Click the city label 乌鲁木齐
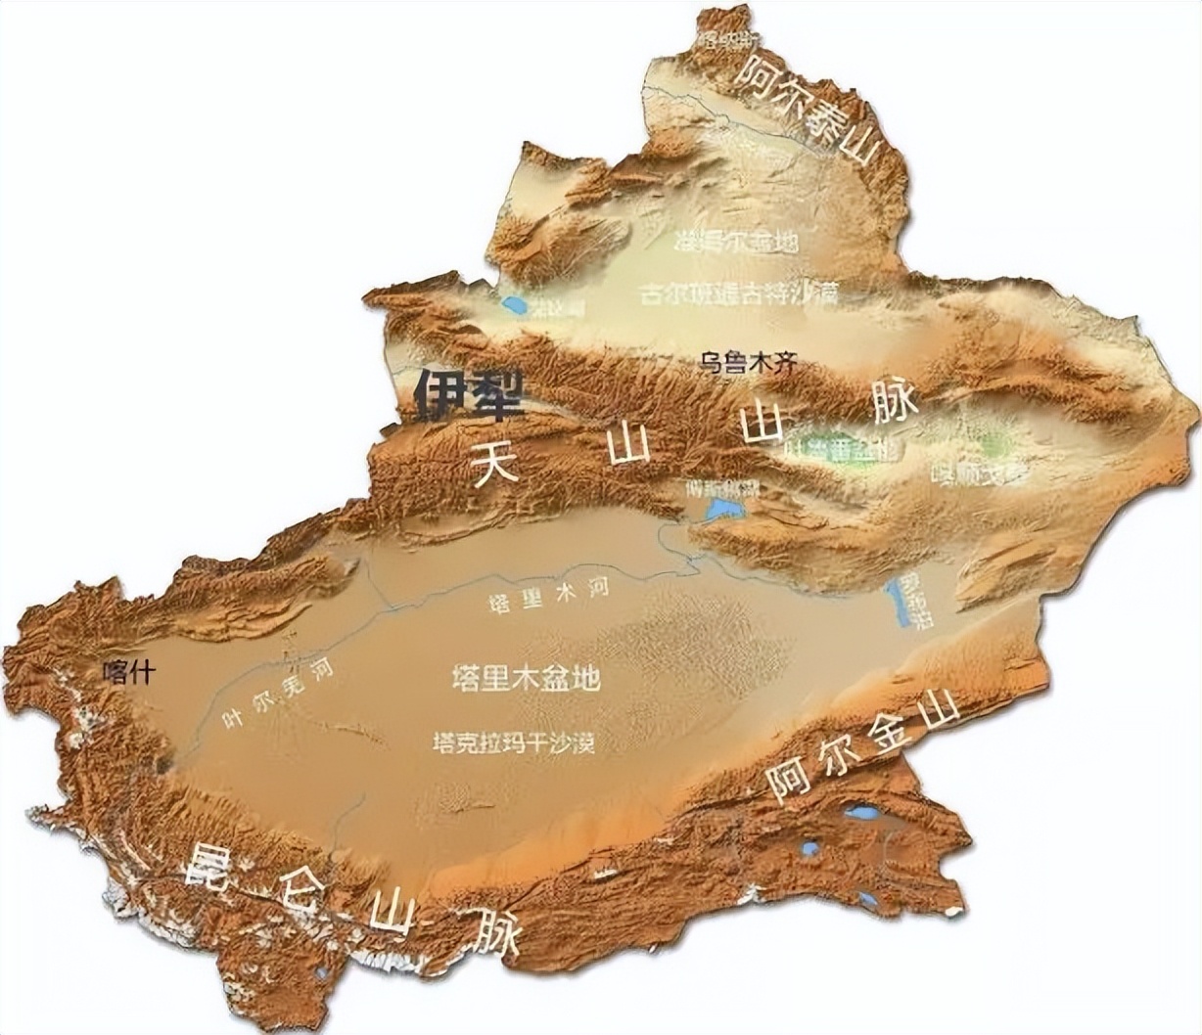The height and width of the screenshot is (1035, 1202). pyautogui.click(x=749, y=363)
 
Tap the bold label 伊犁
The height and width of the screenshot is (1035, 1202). pyautogui.click(x=469, y=395)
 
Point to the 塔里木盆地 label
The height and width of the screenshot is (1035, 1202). pyautogui.click(x=526, y=678)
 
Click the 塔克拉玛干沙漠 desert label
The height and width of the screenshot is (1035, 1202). pyautogui.click(x=513, y=743)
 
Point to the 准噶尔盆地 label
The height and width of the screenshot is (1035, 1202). pyautogui.click(x=737, y=241)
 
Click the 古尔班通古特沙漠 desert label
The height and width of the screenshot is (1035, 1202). pyautogui.click(x=739, y=292)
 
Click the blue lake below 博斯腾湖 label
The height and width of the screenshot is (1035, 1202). pyautogui.click(x=725, y=509)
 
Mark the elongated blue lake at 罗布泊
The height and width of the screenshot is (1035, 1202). pyautogui.click(x=896, y=602)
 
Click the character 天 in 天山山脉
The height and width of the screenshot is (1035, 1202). pyautogui.click(x=494, y=464)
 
